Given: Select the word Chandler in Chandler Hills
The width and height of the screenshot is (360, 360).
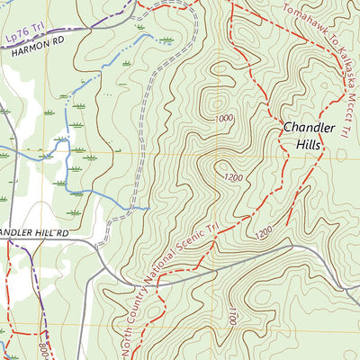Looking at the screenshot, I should (309, 128).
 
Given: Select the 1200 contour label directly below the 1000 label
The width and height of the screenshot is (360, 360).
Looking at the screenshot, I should (233, 179).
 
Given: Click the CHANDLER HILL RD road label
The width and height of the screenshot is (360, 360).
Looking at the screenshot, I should (34, 233).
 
